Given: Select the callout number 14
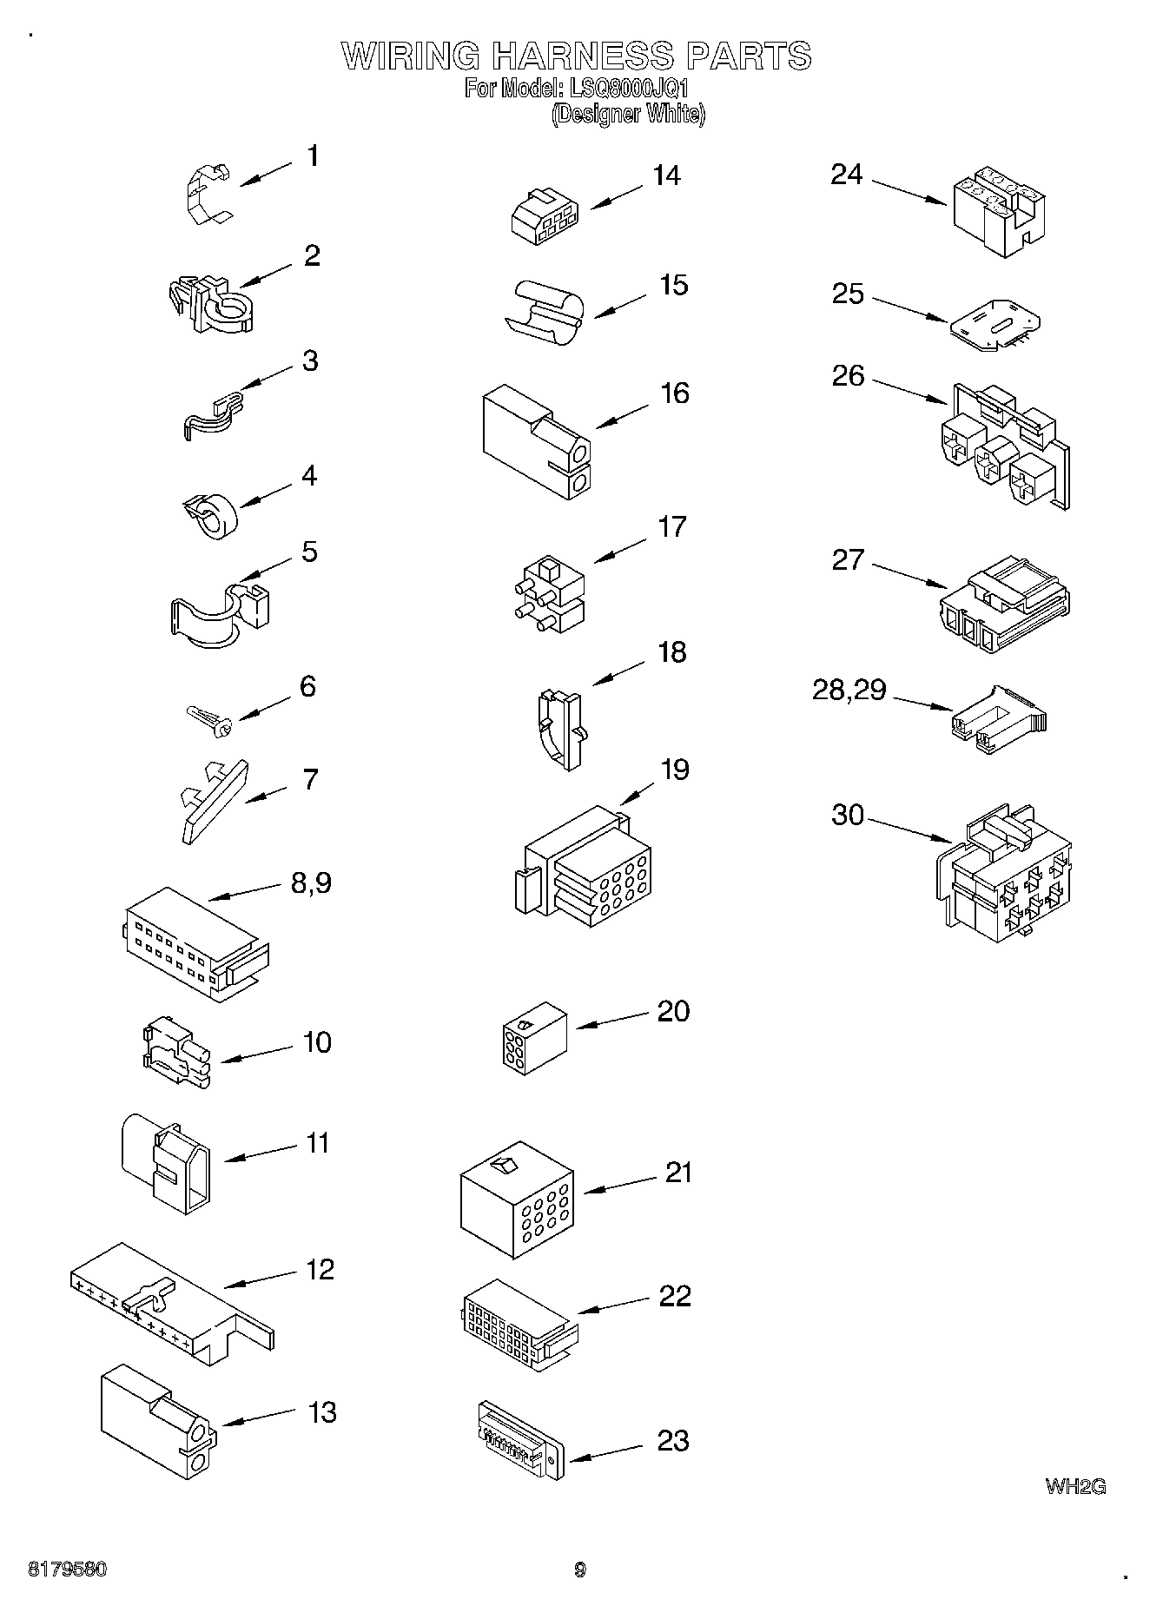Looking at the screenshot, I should (666, 175).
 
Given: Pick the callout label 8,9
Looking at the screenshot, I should (309, 883).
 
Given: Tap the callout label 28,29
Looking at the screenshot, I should (849, 690).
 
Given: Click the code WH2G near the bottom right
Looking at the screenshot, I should (1075, 1486).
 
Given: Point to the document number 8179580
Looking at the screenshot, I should (67, 1570).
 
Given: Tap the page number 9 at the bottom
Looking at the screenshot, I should (580, 1570).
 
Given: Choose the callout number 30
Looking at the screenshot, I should (848, 815).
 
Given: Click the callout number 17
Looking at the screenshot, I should (672, 526).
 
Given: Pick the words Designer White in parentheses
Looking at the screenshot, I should (628, 114).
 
